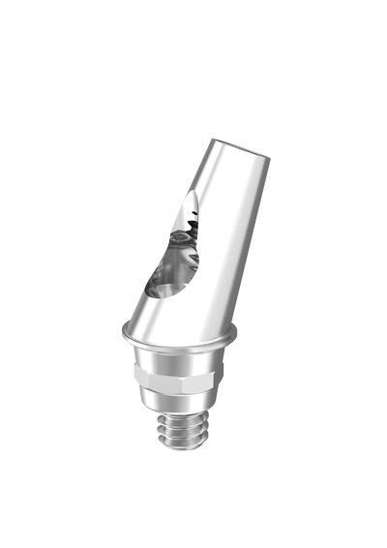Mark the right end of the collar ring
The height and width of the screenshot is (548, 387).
point(233,334)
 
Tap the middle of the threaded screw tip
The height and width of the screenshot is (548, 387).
point(179,432)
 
